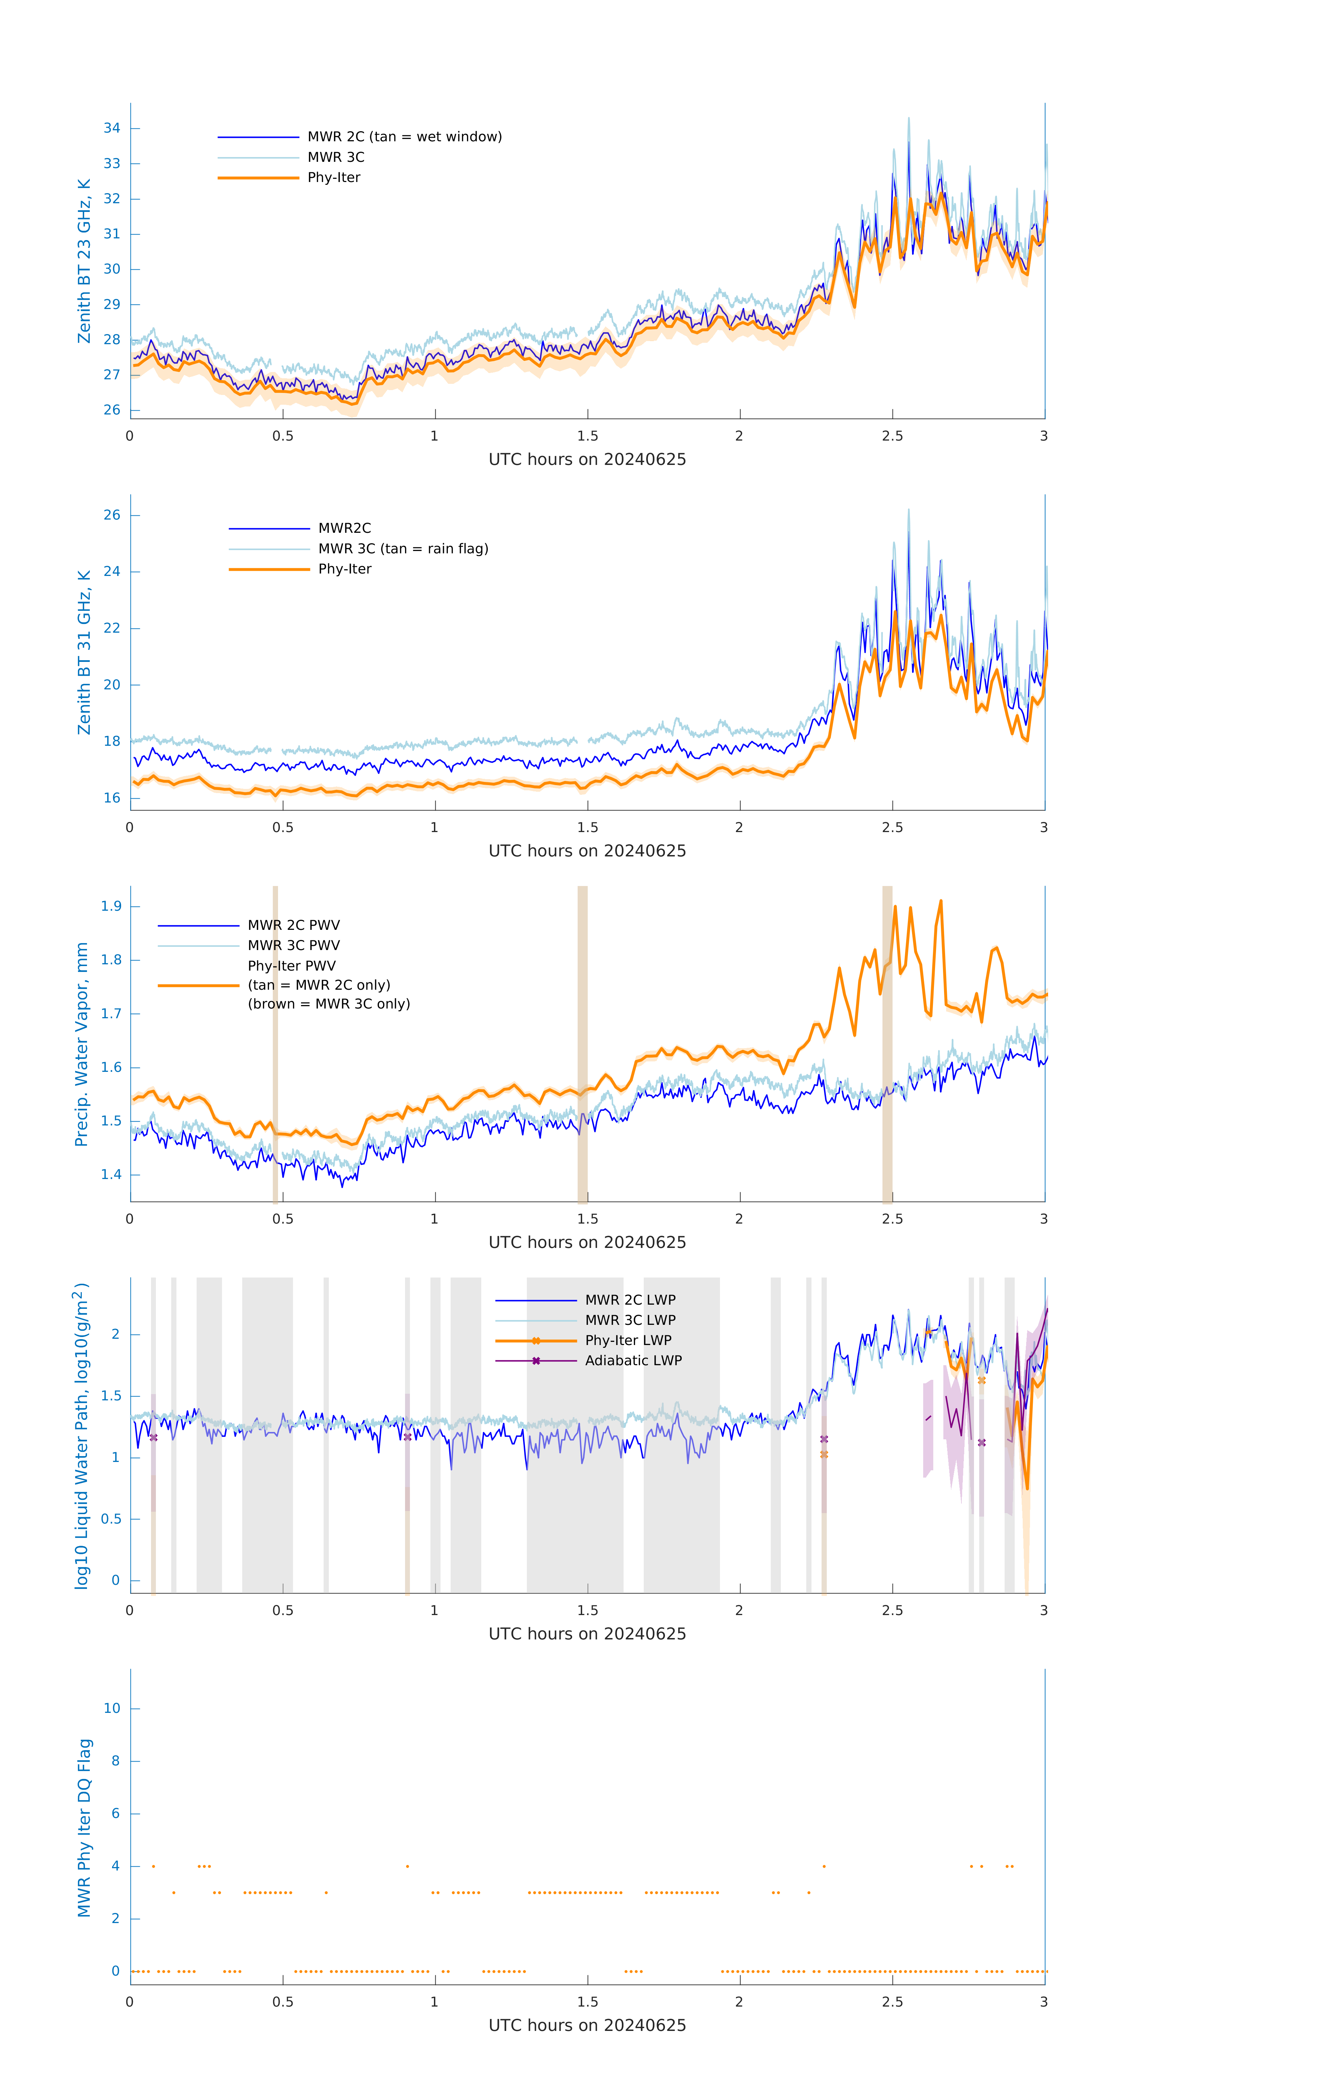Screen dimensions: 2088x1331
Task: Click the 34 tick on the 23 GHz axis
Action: [112, 128]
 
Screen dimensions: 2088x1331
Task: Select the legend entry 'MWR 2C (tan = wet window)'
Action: [404, 137]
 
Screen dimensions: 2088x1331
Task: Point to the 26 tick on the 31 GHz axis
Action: [112, 515]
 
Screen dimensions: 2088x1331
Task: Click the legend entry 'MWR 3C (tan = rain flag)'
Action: [403, 549]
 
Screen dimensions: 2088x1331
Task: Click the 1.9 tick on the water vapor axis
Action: [111, 906]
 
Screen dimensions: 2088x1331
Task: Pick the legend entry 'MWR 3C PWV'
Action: [294, 945]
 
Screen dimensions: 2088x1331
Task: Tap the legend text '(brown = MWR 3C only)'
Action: [328, 1004]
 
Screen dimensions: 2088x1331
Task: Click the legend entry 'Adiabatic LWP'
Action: [633, 1360]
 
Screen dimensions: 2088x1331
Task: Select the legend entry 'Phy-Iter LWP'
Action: [628, 1340]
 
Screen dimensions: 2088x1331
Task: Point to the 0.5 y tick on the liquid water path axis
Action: [111, 1519]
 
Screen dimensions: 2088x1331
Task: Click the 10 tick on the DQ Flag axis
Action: [112, 1708]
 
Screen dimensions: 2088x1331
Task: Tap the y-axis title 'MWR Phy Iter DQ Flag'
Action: [84, 1828]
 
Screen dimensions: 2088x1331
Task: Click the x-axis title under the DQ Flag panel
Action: [587, 2026]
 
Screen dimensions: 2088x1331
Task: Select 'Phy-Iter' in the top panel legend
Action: [334, 178]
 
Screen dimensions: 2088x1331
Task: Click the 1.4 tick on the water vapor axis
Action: [111, 1175]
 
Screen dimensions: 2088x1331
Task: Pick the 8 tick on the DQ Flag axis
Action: [115, 1761]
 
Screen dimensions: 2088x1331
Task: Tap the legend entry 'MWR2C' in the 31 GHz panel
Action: [344, 528]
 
